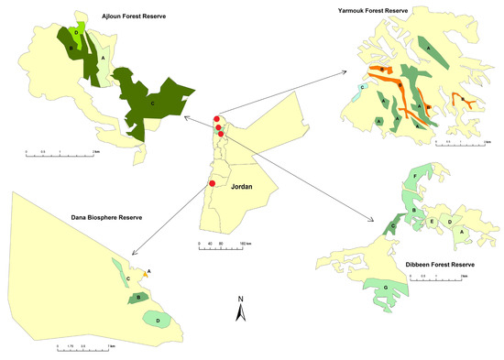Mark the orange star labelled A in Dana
(148, 271)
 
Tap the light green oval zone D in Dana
(158, 320)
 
